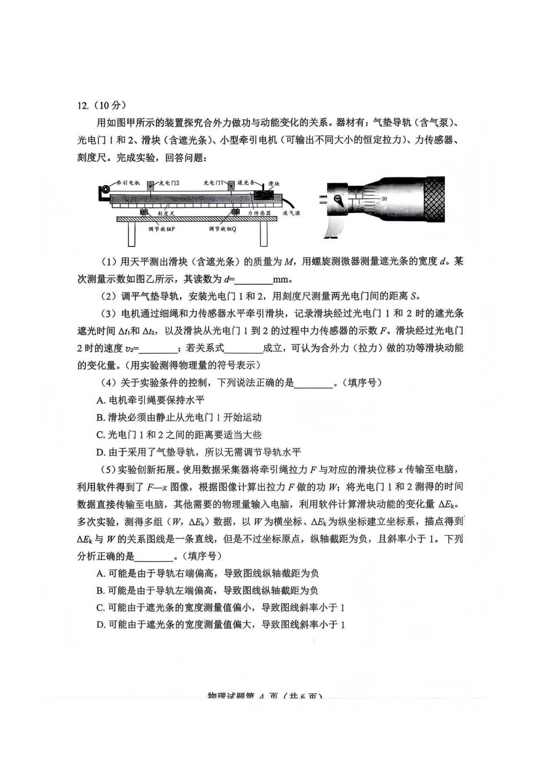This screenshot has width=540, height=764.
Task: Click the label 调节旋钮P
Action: point(161,229)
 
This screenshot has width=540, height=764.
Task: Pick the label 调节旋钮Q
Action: point(222,229)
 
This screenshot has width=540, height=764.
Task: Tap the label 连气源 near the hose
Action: point(291,213)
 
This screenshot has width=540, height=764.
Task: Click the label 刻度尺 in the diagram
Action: point(166,213)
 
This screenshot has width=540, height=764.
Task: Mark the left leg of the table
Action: point(131,234)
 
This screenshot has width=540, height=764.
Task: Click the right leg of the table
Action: point(264,234)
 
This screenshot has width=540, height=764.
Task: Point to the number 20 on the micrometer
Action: point(384,199)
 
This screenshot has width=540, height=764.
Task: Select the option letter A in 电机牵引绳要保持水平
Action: point(100,401)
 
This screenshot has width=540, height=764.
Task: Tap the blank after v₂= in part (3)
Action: point(158,348)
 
